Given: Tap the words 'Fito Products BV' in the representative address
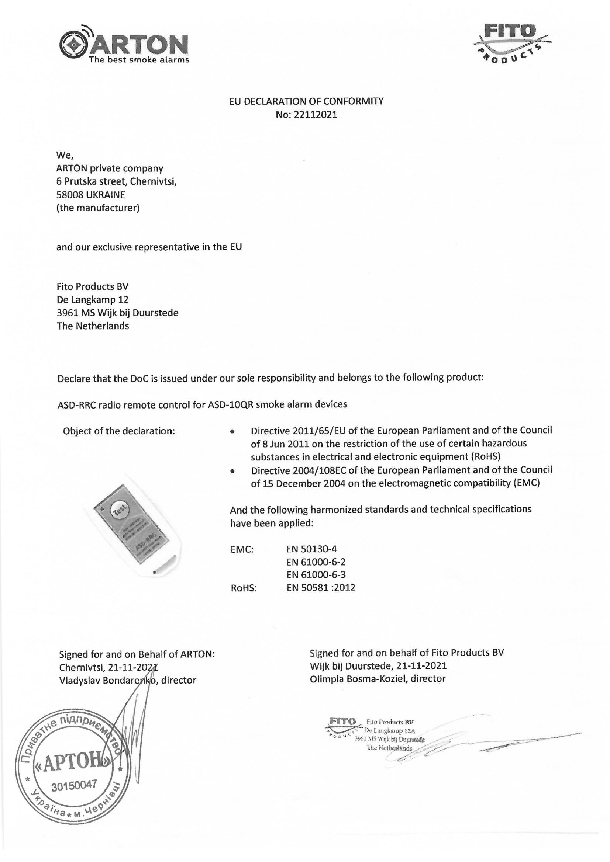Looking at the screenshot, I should click(93, 286).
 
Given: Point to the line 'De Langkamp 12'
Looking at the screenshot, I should click(93, 300).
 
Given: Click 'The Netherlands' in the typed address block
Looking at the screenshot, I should click(93, 326).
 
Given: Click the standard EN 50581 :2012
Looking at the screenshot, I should click(321, 588).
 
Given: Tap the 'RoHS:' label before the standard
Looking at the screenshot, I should click(244, 588).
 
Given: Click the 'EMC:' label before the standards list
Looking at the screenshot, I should click(242, 550).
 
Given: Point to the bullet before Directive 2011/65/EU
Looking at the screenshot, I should click(233, 432).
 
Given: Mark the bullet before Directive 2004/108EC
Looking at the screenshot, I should click(233, 471).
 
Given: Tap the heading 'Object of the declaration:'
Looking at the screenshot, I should click(119, 431).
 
